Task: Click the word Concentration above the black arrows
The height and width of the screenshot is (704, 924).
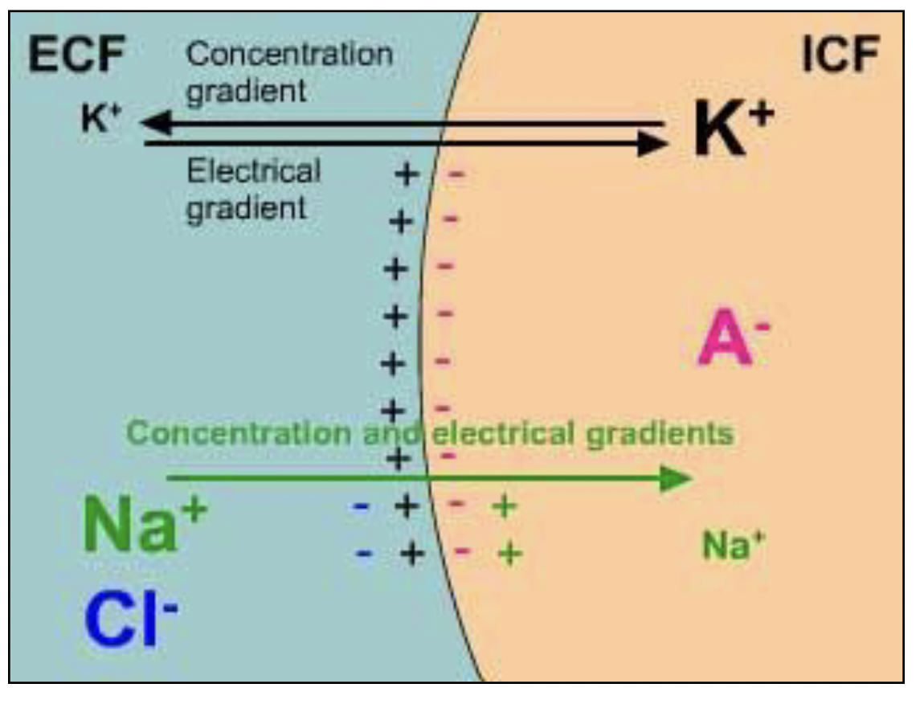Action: (x=290, y=55)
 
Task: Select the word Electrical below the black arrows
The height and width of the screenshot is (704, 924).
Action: (x=254, y=171)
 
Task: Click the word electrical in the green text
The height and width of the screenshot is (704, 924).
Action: (x=505, y=434)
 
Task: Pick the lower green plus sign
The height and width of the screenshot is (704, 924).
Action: (x=509, y=554)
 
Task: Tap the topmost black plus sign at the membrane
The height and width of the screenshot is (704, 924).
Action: (x=407, y=174)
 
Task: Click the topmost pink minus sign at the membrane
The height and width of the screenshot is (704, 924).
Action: (x=455, y=174)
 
